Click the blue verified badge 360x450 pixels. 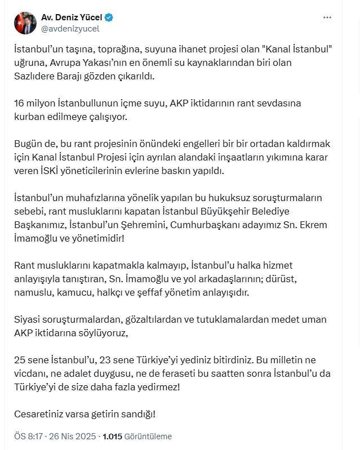click(109, 17)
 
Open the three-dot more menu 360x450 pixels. click(327, 18)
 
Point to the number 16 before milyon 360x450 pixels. click(19, 103)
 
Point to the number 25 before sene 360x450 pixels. click(20, 360)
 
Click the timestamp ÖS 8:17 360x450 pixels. click(28, 436)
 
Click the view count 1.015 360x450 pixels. click(114, 436)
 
